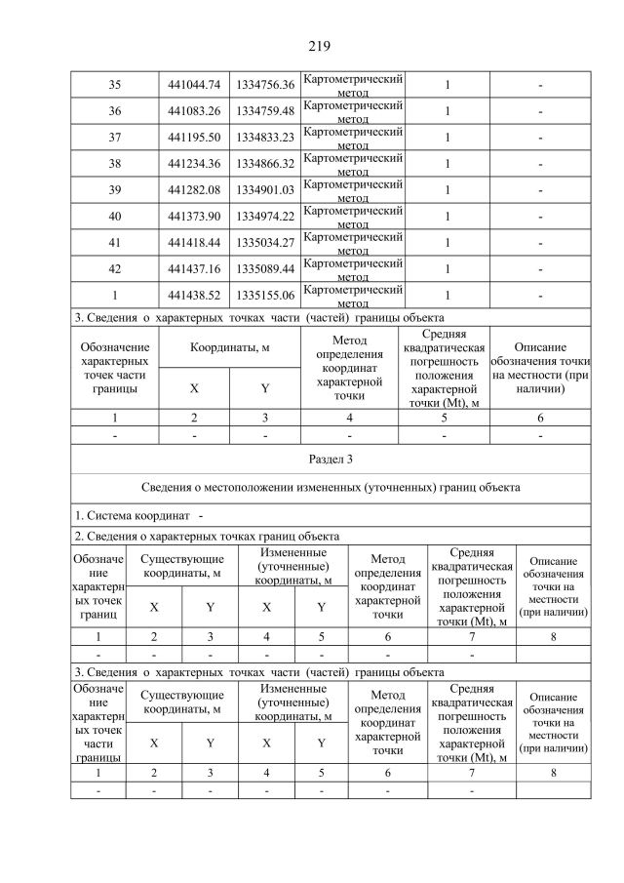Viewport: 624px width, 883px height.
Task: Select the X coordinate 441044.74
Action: coord(195,85)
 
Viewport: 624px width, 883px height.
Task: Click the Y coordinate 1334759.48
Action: coord(265,111)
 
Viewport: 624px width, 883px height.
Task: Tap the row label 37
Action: coord(114,138)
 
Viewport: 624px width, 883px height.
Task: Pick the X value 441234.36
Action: coord(195,164)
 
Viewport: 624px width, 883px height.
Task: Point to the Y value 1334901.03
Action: coord(265,190)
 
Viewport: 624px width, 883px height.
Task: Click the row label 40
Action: coord(114,217)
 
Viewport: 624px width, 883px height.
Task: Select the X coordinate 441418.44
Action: coord(195,243)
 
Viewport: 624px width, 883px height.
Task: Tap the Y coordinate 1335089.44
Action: coord(265,269)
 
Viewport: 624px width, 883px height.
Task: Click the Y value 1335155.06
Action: coord(265,296)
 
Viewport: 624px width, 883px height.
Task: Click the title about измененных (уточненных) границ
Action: coord(331,486)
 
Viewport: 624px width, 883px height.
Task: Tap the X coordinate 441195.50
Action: coord(195,138)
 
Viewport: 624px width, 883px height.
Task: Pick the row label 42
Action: coord(114,269)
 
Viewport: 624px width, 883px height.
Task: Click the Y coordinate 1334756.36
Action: coord(265,85)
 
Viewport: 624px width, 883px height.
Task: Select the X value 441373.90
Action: coord(195,217)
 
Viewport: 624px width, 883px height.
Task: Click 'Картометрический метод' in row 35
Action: coord(354,85)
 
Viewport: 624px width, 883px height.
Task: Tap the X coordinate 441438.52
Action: coord(195,296)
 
